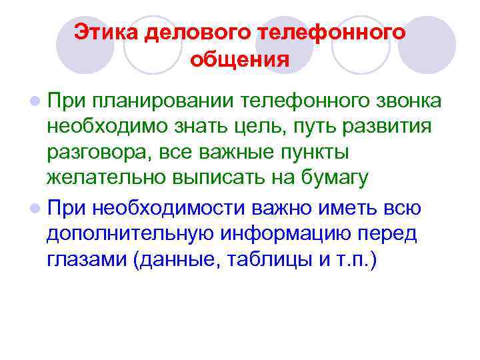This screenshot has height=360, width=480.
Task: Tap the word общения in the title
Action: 239,61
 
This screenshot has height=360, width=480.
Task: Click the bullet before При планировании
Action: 34,101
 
